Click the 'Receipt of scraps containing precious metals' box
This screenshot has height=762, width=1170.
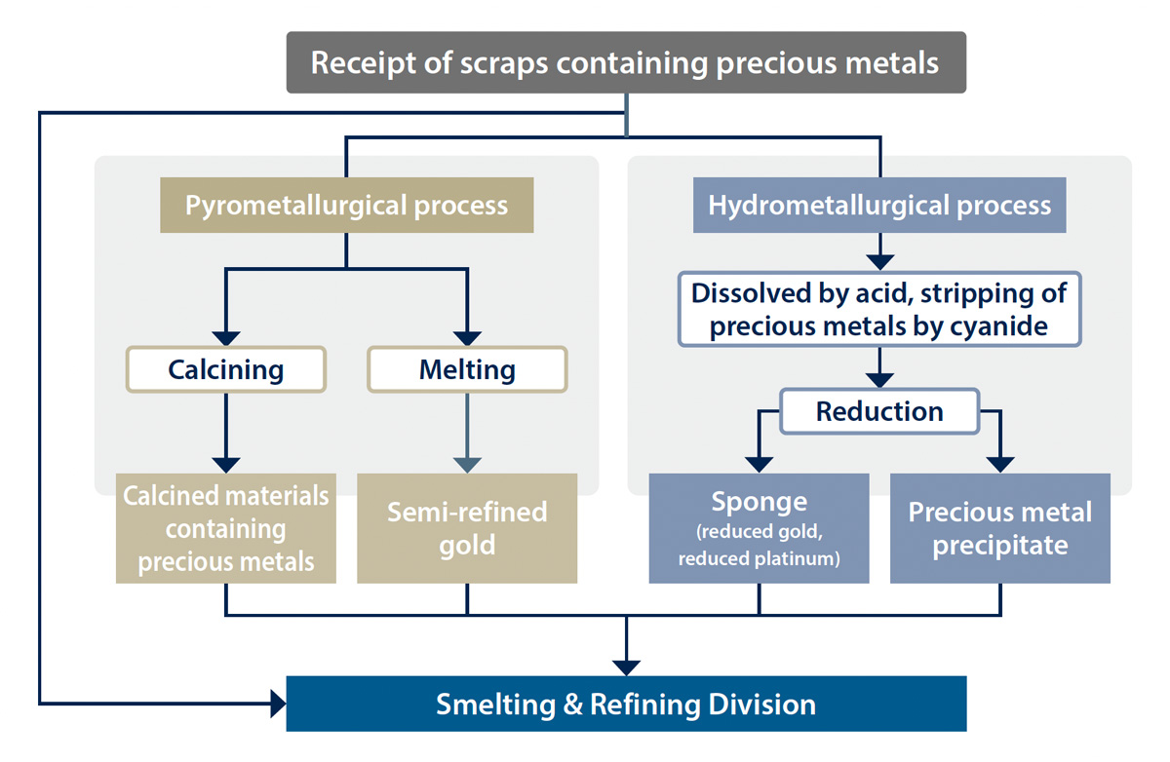tap(626, 62)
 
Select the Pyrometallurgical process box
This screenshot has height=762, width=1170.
tap(347, 205)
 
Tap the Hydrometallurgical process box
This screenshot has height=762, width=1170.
tap(879, 205)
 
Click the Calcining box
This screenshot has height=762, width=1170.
tap(226, 369)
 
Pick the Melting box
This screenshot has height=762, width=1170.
tap(467, 369)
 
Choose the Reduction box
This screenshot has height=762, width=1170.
tap(879, 411)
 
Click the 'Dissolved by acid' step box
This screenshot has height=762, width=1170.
tap(879, 309)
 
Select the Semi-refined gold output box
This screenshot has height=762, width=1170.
tap(467, 528)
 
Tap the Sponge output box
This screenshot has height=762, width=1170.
tap(759, 528)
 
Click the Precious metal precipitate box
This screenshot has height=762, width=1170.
tap(1000, 528)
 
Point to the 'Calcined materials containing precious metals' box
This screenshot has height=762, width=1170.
tap(226, 528)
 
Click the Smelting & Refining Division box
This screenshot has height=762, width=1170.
tap(626, 704)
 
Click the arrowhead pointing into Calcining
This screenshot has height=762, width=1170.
tap(226, 338)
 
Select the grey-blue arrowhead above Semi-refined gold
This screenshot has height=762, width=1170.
tap(467, 465)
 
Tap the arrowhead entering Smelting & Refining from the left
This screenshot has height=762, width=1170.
tap(279, 704)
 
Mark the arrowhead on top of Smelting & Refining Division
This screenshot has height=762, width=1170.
tap(626, 668)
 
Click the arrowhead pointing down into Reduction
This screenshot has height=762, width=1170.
tap(879, 380)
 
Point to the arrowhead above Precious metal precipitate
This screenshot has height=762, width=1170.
tap(1000, 465)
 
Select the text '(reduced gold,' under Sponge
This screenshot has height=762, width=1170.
tap(759, 532)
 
